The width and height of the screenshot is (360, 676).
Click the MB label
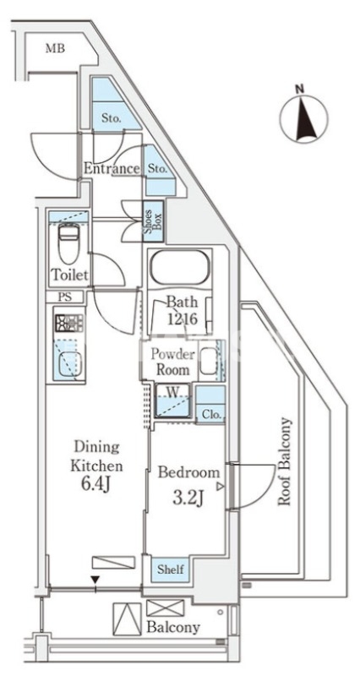pos(56,48)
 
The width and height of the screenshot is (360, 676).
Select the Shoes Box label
pos(153,221)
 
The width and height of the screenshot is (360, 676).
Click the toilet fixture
pos(69,243)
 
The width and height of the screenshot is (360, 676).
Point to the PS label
pos(64,297)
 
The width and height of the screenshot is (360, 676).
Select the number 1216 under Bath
pos(182,319)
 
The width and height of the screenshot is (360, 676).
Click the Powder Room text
pos(172,362)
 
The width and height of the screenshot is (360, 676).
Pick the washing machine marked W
pos(173,401)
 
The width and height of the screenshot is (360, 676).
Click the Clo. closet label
pos(211,415)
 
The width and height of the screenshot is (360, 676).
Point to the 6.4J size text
pos(96,484)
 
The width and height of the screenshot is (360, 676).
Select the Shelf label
pos(170,570)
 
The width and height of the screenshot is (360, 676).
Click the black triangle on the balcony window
pos(95,579)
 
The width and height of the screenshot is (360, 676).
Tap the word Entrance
pos(112,168)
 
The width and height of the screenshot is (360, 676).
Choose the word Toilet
pos(70,274)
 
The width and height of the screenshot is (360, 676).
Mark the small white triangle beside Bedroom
pos(221,487)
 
